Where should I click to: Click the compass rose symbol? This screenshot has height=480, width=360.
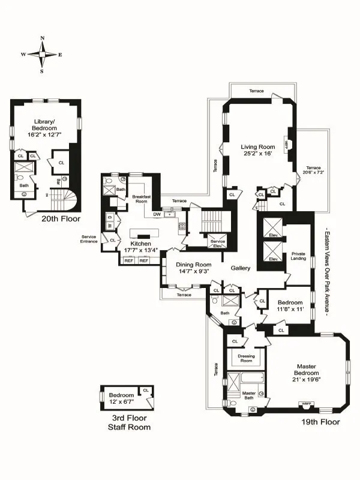click(x=42, y=54)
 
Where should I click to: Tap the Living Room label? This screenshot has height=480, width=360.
click(x=258, y=147)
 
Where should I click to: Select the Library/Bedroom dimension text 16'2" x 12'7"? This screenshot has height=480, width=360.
click(x=44, y=136)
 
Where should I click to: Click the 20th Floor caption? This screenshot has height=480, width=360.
click(x=61, y=219)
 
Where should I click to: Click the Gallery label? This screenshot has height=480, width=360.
click(x=241, y=268)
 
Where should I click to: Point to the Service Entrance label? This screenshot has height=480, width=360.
click(x=89, y=239)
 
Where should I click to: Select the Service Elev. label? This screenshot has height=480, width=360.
click(x=217, y=243)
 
